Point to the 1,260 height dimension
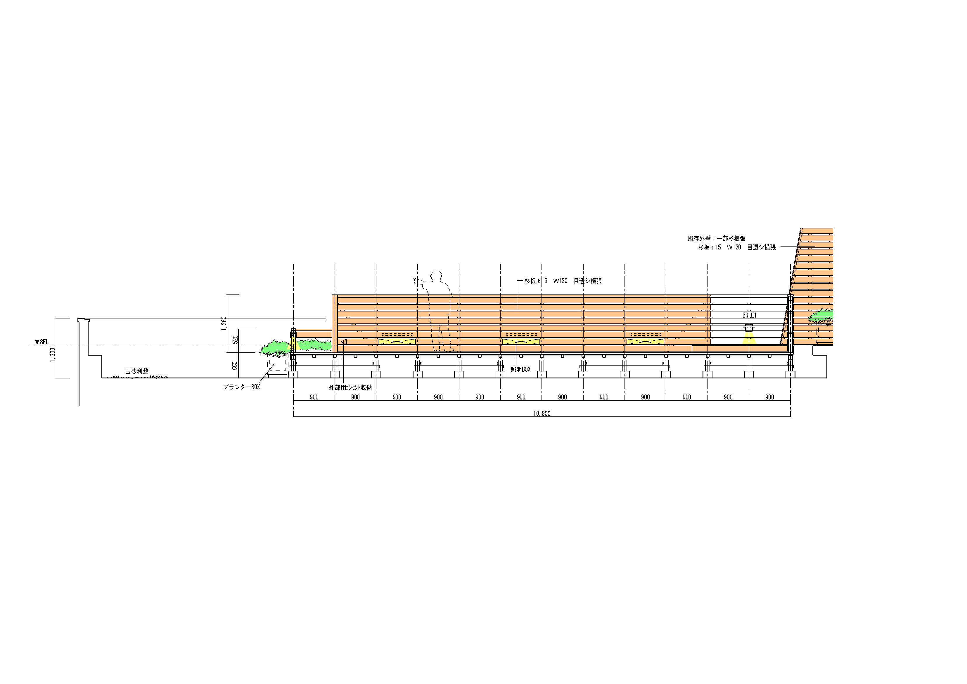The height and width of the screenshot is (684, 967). (x=224, y=324)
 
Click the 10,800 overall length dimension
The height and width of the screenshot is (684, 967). (x=542, y=413)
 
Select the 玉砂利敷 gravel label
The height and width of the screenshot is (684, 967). (x=137, y=371)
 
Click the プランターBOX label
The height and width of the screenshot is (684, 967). (x=241, y=387)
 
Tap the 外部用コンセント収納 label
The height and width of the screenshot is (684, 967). (x=350, y=387)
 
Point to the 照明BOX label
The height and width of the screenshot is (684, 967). (x=520, y=369)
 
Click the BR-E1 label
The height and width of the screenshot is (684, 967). (x=750, y=315)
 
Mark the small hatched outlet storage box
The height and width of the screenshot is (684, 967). (x=343, y=341)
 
